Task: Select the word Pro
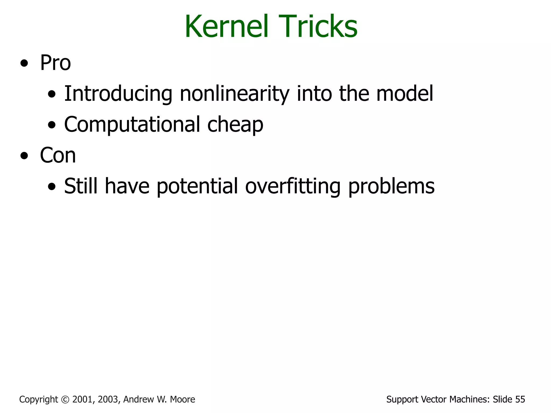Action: coord(55,63)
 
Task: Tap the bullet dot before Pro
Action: coord(24,64)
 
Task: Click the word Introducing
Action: coord(118,94)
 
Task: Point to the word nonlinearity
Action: coord(234,94)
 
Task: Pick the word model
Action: coord(405,94)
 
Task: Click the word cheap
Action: coord(235,124)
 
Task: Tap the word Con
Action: coord(58,155)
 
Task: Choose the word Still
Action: coord(81,186)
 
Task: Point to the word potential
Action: coord(197,186)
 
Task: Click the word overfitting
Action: coord(293,186)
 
